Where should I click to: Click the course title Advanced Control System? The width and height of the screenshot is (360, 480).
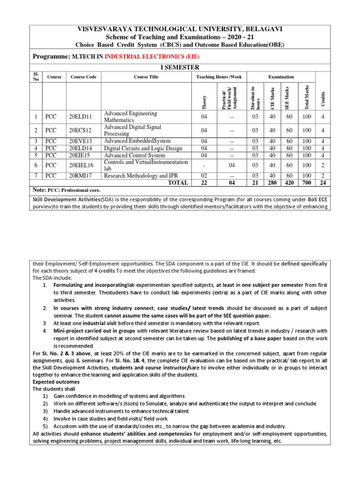pos(135,155)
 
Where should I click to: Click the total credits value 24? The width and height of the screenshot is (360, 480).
pos(323,183)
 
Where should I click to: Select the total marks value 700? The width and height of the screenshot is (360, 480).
pos(307,183)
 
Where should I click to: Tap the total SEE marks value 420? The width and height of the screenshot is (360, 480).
pos(289,183)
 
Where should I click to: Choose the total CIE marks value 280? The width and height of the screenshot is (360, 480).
pos(272,183)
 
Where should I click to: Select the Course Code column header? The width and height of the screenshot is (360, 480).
pos(83,77)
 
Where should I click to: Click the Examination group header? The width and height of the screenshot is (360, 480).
pos(281,77)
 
